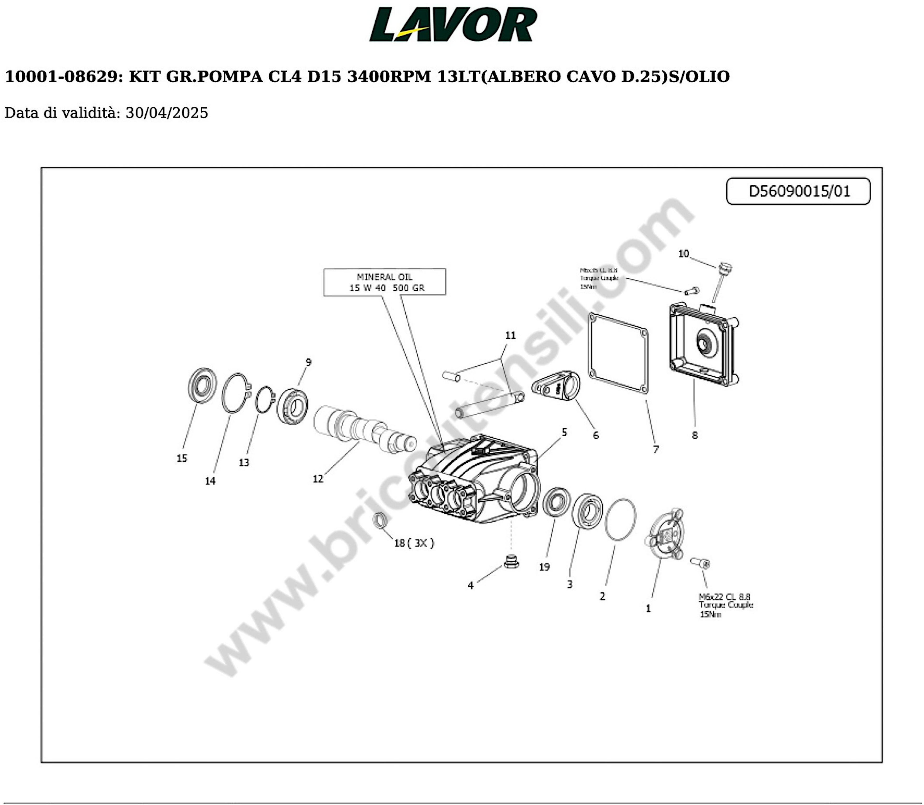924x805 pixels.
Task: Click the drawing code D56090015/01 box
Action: pyautogui.click(x=798, y=191)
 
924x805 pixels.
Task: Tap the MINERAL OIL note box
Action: pyautogui.click(x=385, y=282)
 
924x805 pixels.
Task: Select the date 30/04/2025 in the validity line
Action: pyautogui.click(x=167, y=113)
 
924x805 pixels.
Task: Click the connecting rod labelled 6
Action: pyautogui.click(x=556, y=386)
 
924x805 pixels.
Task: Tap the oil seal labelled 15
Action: pyautogui.click(x=202, y=386)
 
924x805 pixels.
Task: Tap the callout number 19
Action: pyautogui.click(x=544, y=567)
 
